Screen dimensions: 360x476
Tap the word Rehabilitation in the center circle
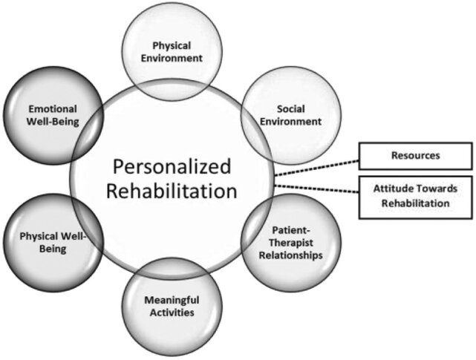172,191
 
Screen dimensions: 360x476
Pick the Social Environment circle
281,113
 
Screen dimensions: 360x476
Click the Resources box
414,156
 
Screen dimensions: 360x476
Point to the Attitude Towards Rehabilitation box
414,197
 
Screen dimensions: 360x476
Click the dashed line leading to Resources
316,166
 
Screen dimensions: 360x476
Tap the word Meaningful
170,300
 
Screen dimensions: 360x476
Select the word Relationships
296,255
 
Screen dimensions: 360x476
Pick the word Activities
170,312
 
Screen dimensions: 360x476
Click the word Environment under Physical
172,57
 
